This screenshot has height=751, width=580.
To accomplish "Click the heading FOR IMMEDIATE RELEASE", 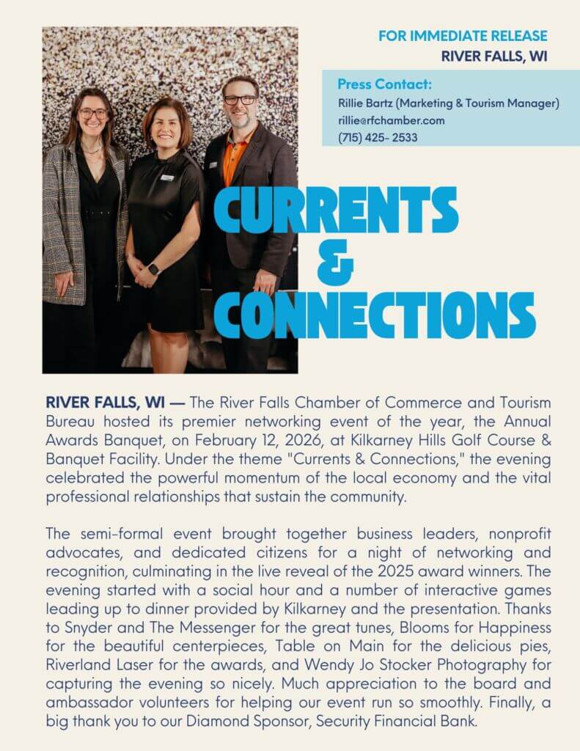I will coord(462,35).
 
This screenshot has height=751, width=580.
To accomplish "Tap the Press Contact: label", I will coord(384,84).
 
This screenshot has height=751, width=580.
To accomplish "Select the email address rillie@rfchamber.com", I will coord(391,120).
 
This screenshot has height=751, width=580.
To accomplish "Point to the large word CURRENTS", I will coord(336,210).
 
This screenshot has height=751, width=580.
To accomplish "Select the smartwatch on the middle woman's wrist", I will coord(153,268).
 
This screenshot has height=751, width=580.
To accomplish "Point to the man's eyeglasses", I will coord(240,100).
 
